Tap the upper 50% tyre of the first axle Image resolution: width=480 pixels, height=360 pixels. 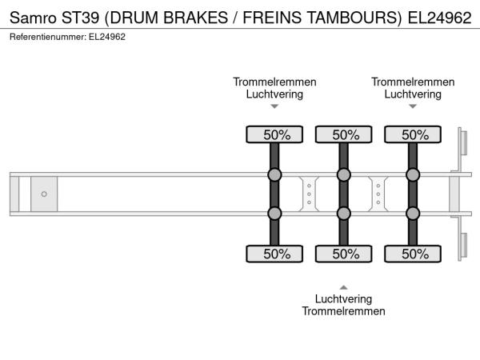(x=274, y=135)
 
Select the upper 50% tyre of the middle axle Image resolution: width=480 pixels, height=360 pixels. (x=344, y=135)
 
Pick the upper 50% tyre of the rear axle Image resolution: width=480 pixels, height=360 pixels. (x=414, y=135)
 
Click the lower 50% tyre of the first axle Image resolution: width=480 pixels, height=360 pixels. (x=274, y=254)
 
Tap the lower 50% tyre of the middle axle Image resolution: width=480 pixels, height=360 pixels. (x=344, y=254)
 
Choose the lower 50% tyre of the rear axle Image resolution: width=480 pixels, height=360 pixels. (x=414, y=254)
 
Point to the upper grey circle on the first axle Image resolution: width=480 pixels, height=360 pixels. (x=274, y=175)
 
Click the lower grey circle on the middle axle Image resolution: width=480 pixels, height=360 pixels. (x=344, y=214)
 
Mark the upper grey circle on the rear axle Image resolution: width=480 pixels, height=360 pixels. (x=414, y=175)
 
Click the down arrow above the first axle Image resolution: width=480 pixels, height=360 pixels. (x=274, y=106)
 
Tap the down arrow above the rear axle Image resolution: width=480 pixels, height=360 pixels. (x=414, y=106)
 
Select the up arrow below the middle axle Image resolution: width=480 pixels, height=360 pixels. (x=344, y=286)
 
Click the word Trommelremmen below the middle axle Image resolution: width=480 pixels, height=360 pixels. (x=344, y=311)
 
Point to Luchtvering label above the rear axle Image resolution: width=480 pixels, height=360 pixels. (x=413, y=94)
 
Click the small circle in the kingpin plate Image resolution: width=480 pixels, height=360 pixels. (x=44, y=194)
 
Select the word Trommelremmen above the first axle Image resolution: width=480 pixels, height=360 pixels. (x=274, y=82)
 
